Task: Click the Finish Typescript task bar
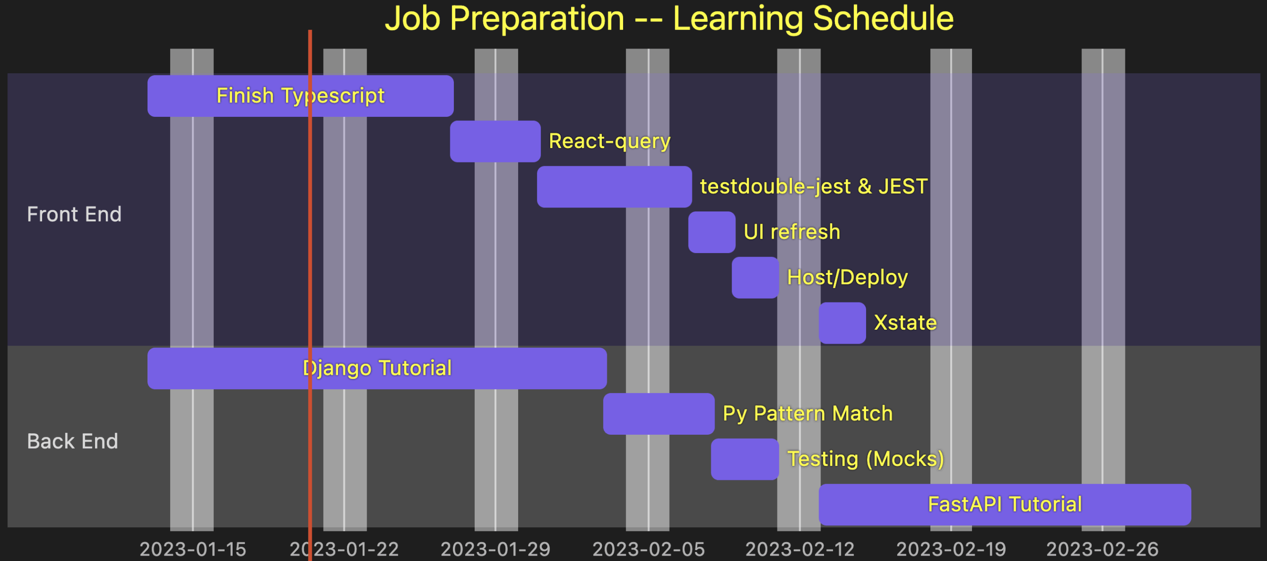300,96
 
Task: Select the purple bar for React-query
495,141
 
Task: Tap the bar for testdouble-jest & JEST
614,187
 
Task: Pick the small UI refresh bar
711,232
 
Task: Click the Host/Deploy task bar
755,277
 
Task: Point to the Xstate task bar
842,323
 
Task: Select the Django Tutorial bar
377,368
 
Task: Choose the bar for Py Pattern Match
658,414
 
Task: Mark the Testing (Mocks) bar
744,459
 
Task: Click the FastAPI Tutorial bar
1004,505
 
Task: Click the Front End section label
74,214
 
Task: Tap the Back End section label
73,441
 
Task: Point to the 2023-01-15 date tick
193,549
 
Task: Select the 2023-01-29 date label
495,549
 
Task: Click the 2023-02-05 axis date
648,549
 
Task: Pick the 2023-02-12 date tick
800,549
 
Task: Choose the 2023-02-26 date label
1102,549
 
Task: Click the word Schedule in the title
883,19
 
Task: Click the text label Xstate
905,323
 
